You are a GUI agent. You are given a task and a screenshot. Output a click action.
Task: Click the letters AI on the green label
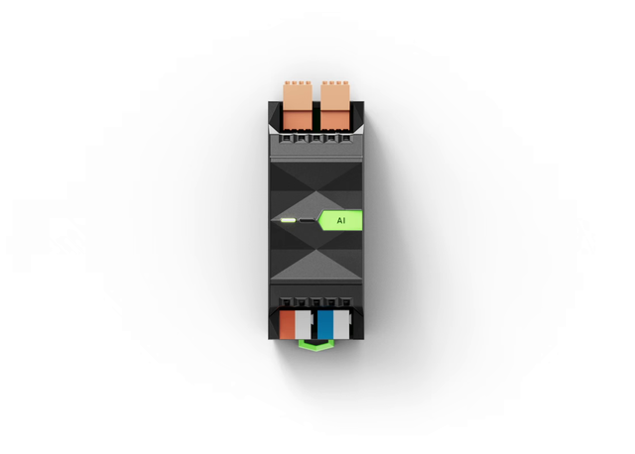point(341,220)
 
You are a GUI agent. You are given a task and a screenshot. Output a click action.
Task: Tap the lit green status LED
point(289,220)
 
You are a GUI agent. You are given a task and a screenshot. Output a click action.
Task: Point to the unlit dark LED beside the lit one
point(307,220)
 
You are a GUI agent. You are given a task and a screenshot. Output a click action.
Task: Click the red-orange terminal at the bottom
point(287,324)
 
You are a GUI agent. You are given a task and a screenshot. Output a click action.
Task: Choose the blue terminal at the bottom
point(325,324)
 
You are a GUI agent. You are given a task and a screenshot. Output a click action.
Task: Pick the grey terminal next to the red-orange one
point(303,324)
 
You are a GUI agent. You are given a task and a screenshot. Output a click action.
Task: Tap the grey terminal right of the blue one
point(341,324)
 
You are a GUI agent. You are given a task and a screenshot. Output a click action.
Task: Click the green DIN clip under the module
point(316,345)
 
